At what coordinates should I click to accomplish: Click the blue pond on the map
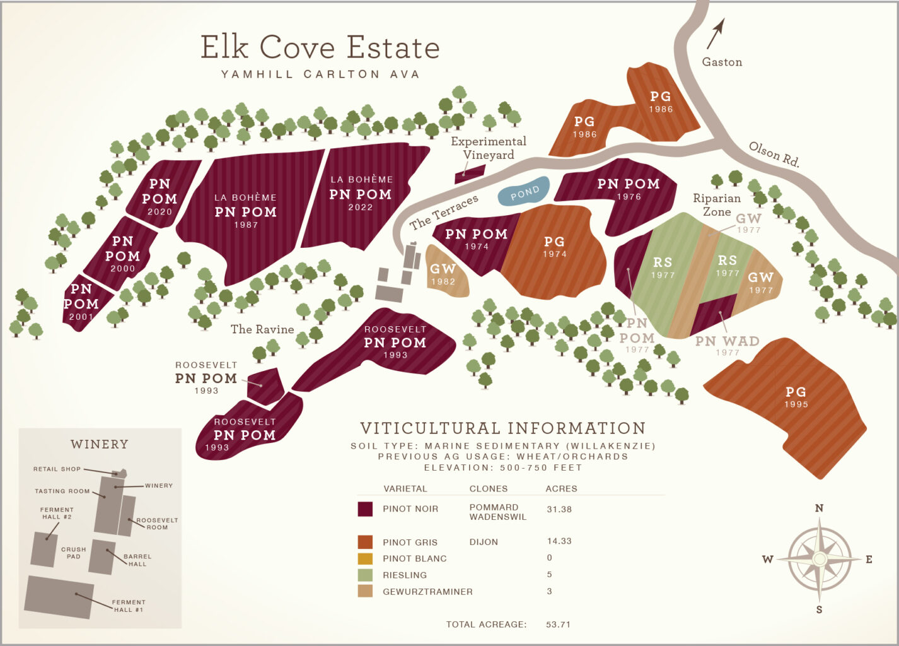click(524, 191)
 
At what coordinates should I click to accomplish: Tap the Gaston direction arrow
click(716, 33)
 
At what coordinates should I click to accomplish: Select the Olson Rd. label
click(774, 154)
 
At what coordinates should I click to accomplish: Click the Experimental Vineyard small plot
click(470, 173)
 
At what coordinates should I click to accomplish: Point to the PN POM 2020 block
click(160, 196)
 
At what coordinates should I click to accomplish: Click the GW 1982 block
click(444, 273)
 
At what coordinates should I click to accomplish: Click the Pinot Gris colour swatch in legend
click(365, 542)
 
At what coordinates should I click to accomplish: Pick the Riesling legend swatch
click(365, 575)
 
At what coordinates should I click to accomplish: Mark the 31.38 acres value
click(559, 509)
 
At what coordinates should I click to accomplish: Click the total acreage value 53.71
click(558, 625)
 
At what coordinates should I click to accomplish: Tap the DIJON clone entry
click(484, 542)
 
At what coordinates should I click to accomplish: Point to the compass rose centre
click(820, 559)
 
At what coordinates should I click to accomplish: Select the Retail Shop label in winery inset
click(57, 469)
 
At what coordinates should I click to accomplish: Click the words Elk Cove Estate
click(320, 48)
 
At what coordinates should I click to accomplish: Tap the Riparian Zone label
click(716, 204)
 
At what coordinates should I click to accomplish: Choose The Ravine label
click(262, 329)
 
